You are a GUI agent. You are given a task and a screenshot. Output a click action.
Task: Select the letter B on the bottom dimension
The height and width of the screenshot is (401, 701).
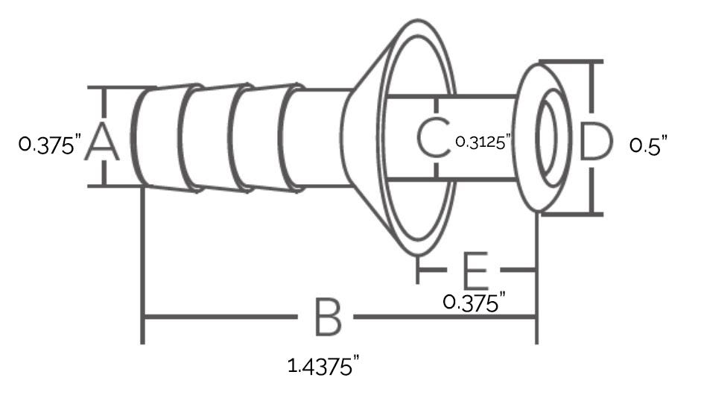click(328, 317)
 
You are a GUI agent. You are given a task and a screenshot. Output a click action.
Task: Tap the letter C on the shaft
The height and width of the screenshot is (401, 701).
click(433, 137)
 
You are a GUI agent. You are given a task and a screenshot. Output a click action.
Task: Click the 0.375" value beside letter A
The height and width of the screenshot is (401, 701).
click(50, 145)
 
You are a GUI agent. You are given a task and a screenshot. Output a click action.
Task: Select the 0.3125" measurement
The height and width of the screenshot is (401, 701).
click(483, 142)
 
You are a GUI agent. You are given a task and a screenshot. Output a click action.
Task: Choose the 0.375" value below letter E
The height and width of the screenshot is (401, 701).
click(474, 302)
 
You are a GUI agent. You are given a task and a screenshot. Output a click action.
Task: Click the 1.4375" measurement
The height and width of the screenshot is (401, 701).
click(323, 366)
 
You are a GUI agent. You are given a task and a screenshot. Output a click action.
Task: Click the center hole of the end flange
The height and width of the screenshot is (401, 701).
click(548, 137)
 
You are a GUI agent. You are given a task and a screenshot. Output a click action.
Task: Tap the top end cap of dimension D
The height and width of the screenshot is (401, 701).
click(571, 61)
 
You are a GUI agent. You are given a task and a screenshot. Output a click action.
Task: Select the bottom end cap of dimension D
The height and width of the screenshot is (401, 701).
click(571, 214)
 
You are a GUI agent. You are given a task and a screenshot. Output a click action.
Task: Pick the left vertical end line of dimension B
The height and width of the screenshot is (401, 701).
click(142, 265)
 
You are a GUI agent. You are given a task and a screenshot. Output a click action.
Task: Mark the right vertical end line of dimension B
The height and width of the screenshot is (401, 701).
click(536, 277)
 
